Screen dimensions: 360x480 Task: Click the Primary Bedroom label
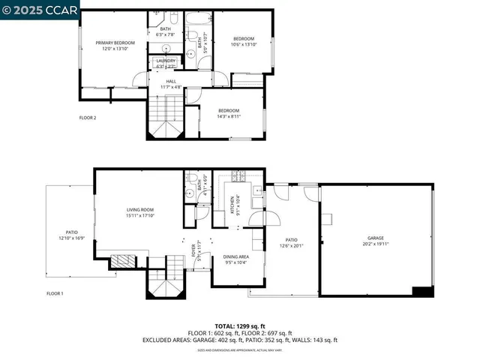coord(114,46)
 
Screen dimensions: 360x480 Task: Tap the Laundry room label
coord(166,64)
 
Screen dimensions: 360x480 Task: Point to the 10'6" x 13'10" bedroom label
coord(243,42)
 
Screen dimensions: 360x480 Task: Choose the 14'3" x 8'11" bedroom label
coord(228,113)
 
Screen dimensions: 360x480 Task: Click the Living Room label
coord(139,212)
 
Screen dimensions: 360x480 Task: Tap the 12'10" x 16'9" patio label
coord(71,235)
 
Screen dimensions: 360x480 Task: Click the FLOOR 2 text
coord(88,118)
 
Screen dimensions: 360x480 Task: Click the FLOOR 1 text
coord(55,293)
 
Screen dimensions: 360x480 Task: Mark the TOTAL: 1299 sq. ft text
coord(239,326)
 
